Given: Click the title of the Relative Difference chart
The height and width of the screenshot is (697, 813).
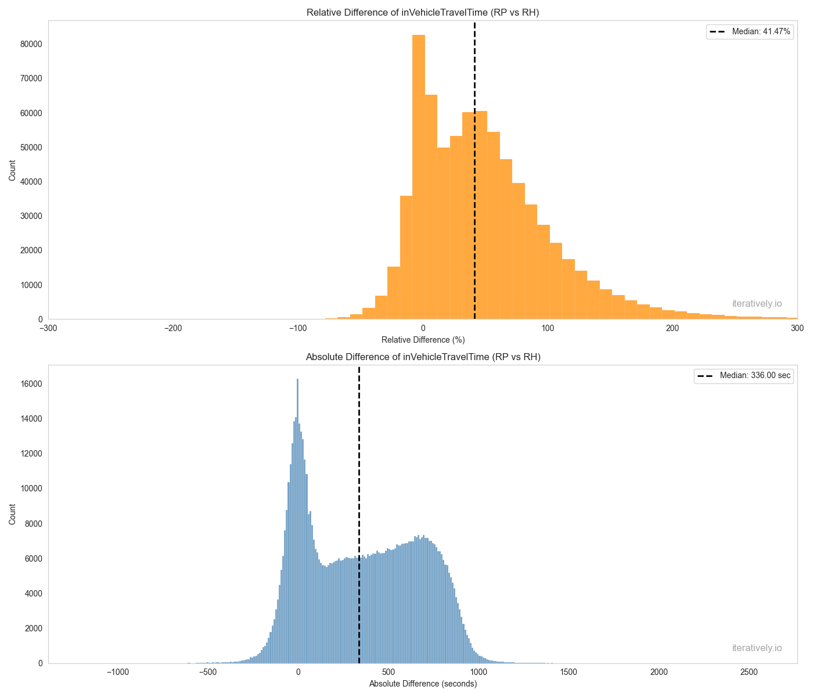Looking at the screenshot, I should point(423,12).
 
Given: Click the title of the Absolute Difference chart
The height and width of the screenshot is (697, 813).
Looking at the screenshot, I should point(423,357).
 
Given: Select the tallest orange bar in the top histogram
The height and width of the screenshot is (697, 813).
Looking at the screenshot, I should point(419,174).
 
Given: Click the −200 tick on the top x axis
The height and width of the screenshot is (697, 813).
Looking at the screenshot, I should point(173,328).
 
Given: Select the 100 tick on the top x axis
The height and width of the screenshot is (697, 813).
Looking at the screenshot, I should point(548,328).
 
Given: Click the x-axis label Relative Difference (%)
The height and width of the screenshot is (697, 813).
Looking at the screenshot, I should point(423,339).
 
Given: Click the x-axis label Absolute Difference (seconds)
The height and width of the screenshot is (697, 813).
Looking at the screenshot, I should point(423,684).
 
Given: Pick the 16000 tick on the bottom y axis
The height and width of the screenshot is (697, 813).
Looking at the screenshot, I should point(33,384).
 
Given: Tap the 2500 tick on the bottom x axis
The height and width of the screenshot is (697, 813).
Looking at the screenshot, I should point(749,672).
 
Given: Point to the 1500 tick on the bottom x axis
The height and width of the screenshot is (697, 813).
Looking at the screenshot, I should point(569,672).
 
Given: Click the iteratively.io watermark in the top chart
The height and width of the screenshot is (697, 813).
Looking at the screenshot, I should point(757,303).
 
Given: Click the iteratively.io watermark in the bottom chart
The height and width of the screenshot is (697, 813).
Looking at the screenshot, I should point(757,648).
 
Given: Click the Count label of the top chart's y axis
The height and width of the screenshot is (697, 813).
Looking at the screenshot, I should point(12,170).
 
